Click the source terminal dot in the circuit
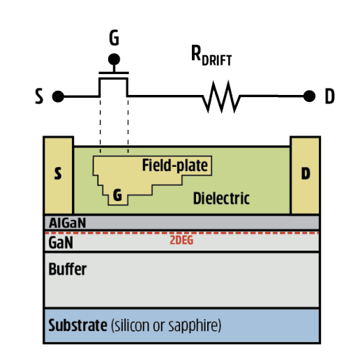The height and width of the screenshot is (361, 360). (x=58, y=96)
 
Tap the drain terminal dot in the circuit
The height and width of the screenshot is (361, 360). (x=309, y=96)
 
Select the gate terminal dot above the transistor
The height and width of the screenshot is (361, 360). (x=114, y=59)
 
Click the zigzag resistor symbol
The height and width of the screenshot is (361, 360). (x=221, y=96)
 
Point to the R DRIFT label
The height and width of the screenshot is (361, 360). (x=211, y=55)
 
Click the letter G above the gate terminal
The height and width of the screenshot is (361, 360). (x=114, y=38)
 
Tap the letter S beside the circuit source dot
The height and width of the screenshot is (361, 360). (x=39, y=96)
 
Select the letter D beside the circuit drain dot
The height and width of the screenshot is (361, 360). (x=329, y=96)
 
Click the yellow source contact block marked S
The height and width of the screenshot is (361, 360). (x=59, y=175)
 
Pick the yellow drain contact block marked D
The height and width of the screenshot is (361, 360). (x=305, y=175)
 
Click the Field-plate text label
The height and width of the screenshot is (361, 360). (x=175, y=165)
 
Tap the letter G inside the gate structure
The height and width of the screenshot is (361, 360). (x=117, y=195)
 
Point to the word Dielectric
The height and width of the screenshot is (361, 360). (x=221, y=198)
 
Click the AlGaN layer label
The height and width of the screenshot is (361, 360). (x=68, y=223)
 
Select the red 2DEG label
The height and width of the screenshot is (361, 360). (x=181, y=240)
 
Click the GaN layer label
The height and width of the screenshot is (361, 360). (x=61, y=242)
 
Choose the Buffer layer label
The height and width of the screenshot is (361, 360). (x=68, y=269)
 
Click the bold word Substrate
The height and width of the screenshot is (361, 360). (x=77, y=325)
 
